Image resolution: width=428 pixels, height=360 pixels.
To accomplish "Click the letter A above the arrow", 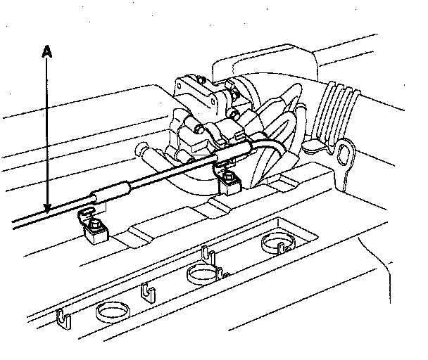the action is point(47,51).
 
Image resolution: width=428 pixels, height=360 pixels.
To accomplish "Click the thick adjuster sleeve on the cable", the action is point(111,189).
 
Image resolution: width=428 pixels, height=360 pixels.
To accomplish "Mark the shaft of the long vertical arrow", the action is point(47,134).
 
